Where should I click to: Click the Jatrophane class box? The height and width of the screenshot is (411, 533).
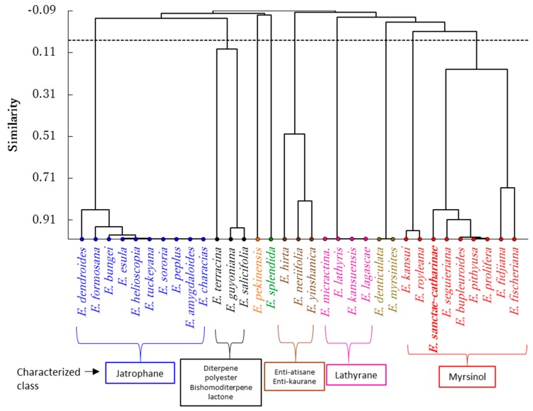point(140,372)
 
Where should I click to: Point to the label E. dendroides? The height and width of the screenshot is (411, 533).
point(83,271)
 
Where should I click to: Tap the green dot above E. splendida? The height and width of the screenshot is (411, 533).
point(271,239)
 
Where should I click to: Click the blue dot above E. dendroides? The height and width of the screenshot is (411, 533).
point(83,239)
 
